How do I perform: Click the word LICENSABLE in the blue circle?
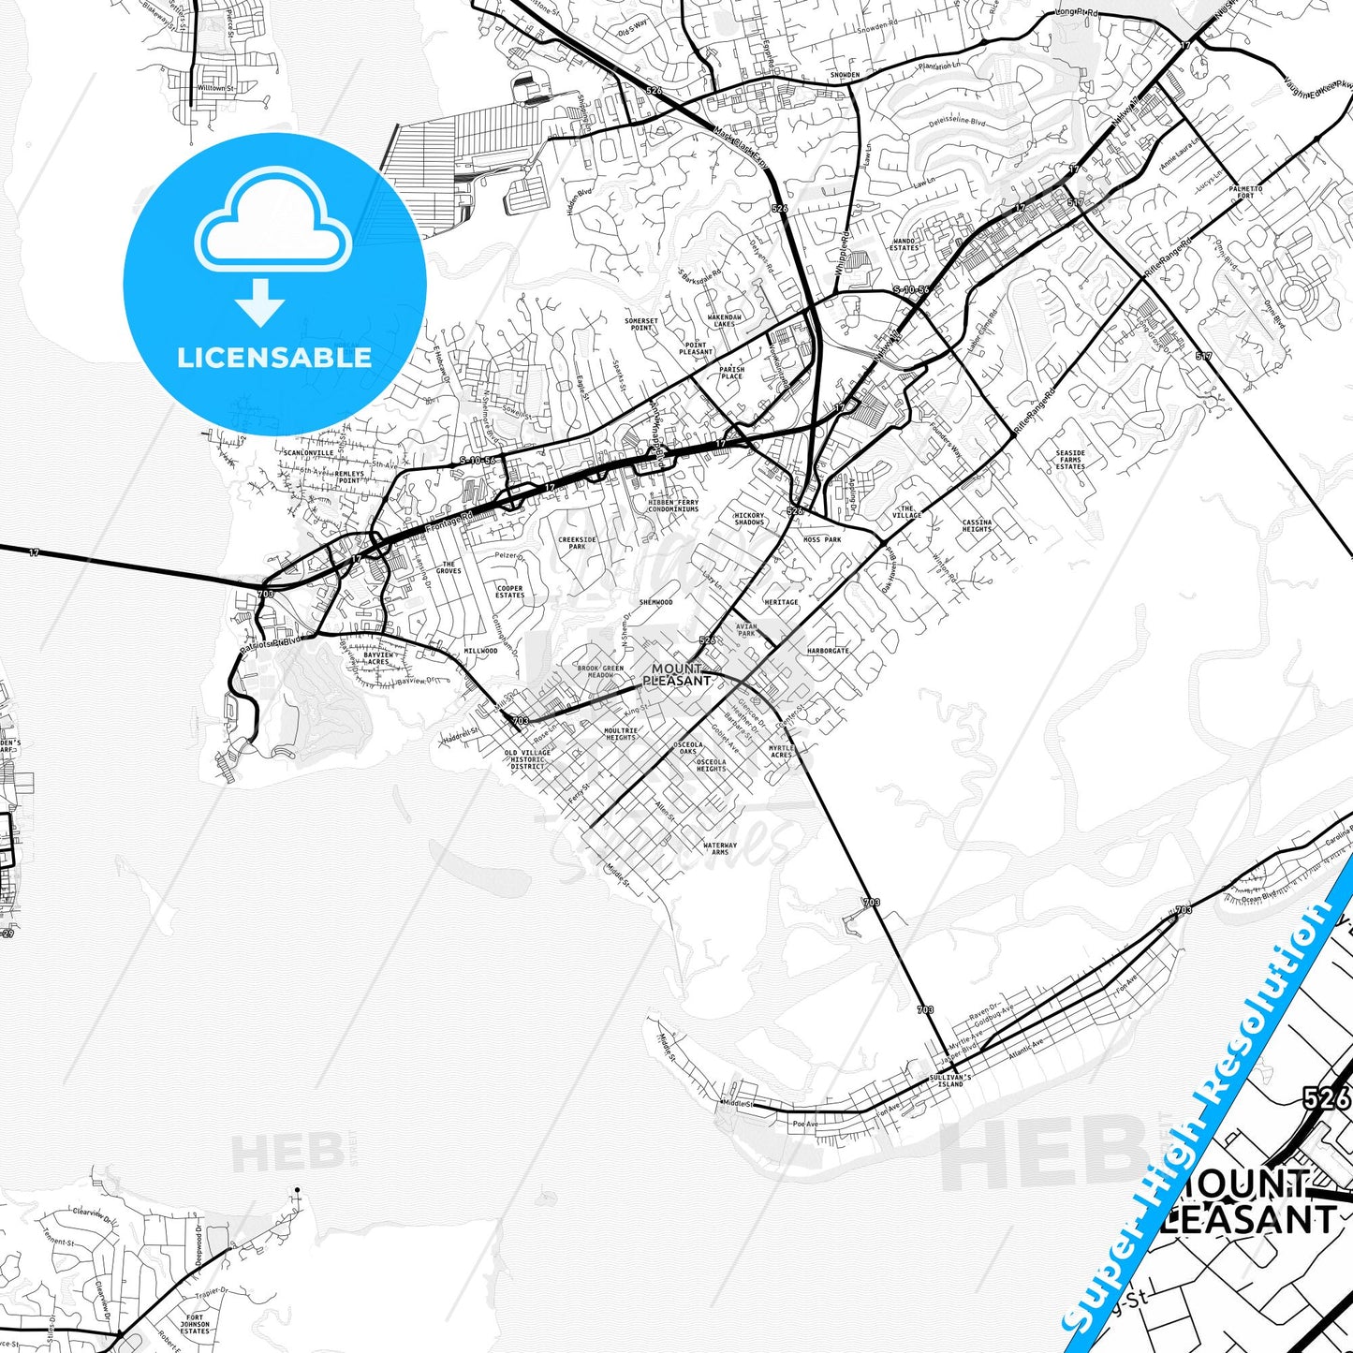[274, 357]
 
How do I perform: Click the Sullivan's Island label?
[949, 1081]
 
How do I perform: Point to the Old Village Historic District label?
[527, 759]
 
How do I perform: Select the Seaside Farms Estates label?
[1070, 460]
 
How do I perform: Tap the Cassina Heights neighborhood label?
[977, 525]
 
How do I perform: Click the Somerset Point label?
[641, 324]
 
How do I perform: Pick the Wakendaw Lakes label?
[725, 320]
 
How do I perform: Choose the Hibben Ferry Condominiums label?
[673, 506]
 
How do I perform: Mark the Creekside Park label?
[577, 543]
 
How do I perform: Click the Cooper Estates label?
[509, 592]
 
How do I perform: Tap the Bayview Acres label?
[377, 658]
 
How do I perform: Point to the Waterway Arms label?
[720, 848]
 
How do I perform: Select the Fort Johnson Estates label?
[195, 1324]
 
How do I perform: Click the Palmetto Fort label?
[1246, 192]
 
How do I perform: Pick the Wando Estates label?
[904, 244]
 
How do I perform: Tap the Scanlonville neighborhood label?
[308, 453]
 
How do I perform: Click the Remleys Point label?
[349, 478]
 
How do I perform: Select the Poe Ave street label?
[804, 1124]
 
